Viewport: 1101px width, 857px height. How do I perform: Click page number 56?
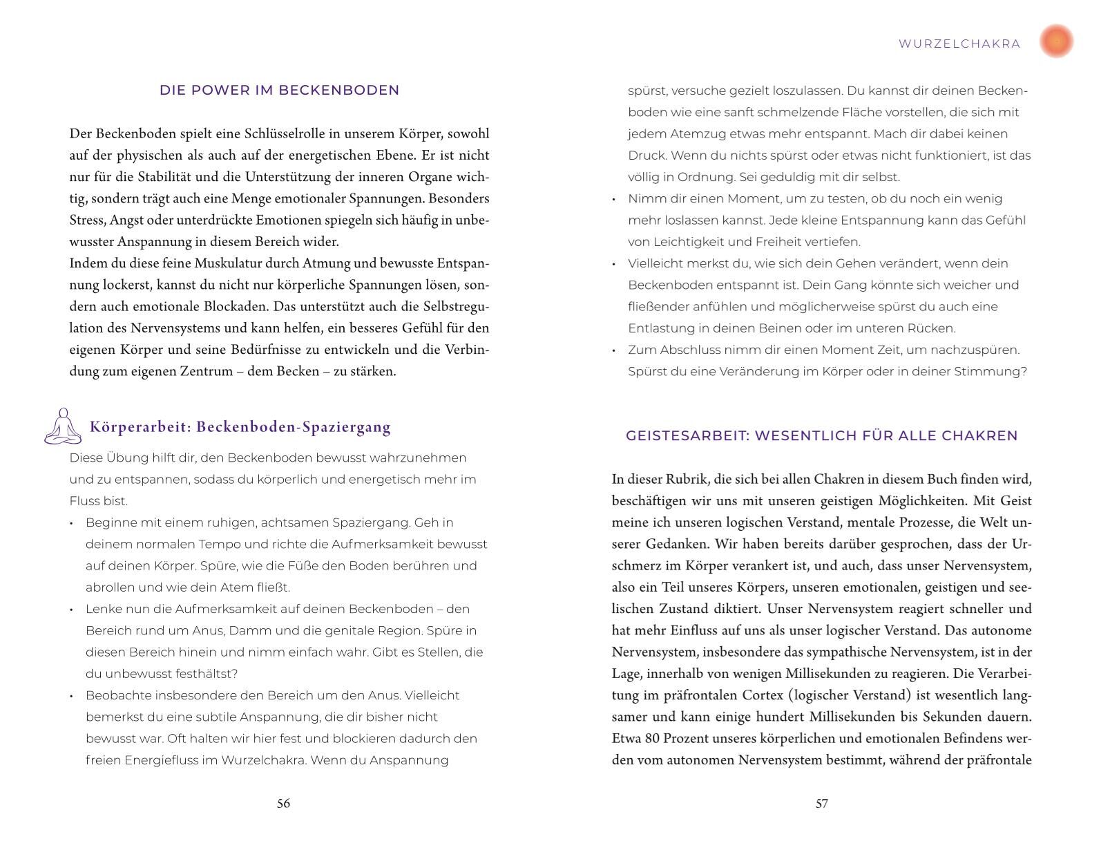283,803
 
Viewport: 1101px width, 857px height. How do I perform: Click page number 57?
821,803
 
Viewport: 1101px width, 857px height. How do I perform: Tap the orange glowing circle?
1056,41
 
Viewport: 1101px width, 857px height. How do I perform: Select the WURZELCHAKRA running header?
959,44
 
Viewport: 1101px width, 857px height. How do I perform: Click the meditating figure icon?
62,426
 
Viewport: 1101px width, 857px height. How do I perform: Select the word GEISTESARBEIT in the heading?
687,435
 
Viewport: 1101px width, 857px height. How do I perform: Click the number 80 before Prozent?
653,738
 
